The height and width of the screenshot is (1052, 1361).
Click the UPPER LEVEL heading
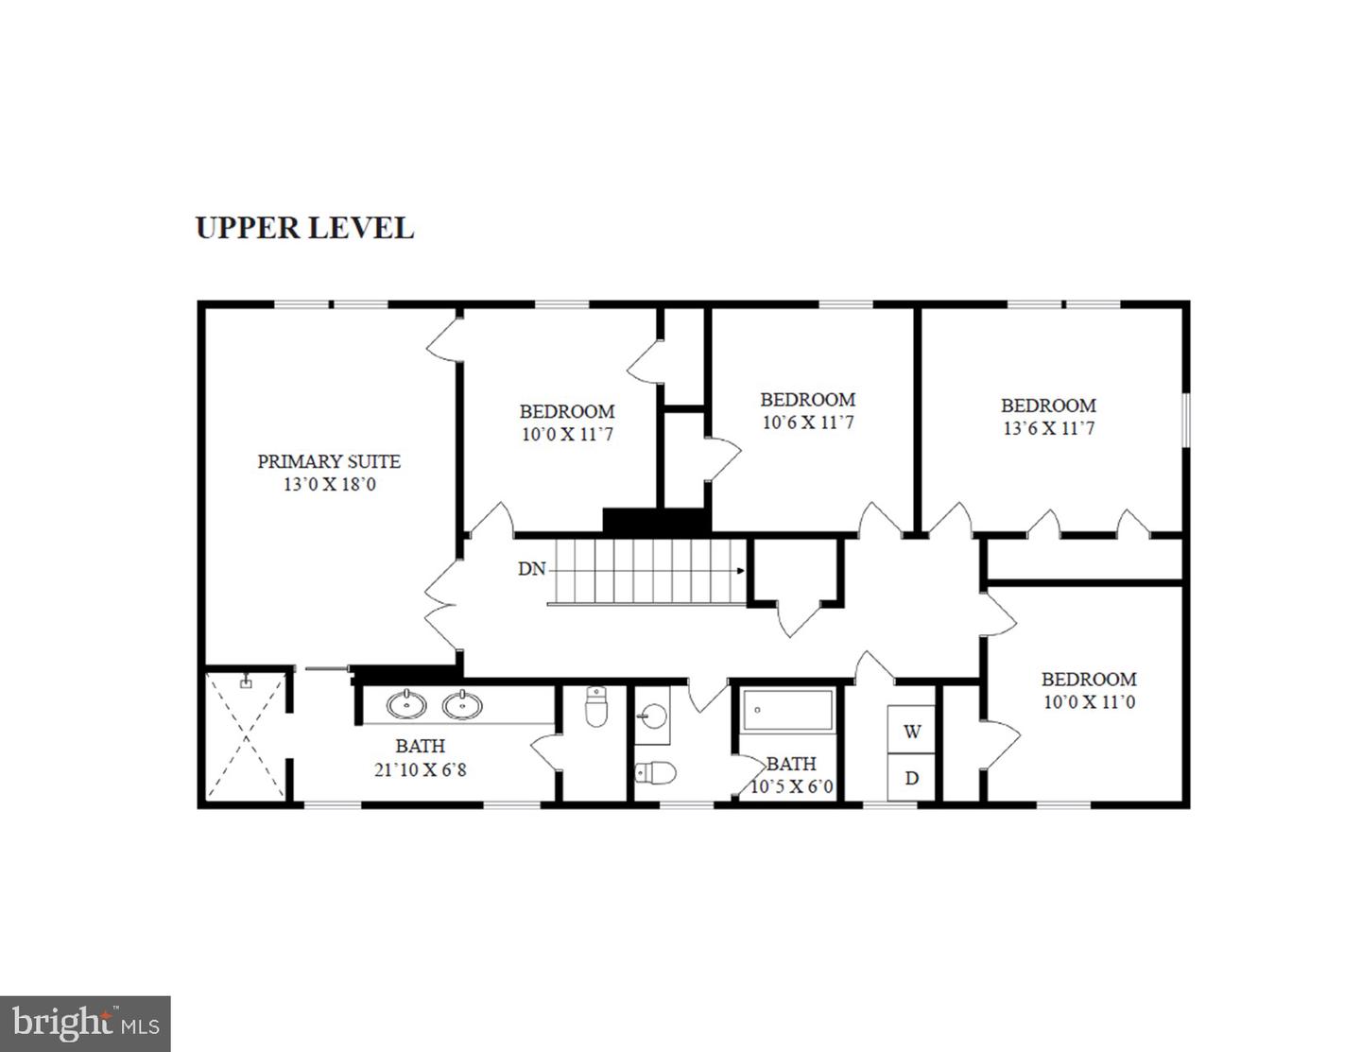coord(304,229)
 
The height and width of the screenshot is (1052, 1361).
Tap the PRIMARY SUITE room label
coord(329,461)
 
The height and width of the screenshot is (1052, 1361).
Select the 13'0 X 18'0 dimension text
coord(329,485)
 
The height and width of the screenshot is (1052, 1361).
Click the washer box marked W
coord(912,732)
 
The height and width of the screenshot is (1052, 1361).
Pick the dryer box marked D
coord(912,778)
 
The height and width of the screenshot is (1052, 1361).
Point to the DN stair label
coord(531,569)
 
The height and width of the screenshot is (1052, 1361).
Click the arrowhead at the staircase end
coord(742,571)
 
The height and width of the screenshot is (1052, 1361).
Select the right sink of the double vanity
coord(462,704)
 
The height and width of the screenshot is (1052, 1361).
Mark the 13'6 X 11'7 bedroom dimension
coord(1048,428)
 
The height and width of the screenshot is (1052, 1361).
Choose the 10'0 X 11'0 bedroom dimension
coord(1089,702)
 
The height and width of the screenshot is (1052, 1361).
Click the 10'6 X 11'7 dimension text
coord(807,423)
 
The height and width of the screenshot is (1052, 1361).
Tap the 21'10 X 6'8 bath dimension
coord(421,769)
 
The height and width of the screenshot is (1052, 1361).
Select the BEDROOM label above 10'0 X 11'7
coord(567,411)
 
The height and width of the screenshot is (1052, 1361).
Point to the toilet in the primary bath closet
coord(595,708)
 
